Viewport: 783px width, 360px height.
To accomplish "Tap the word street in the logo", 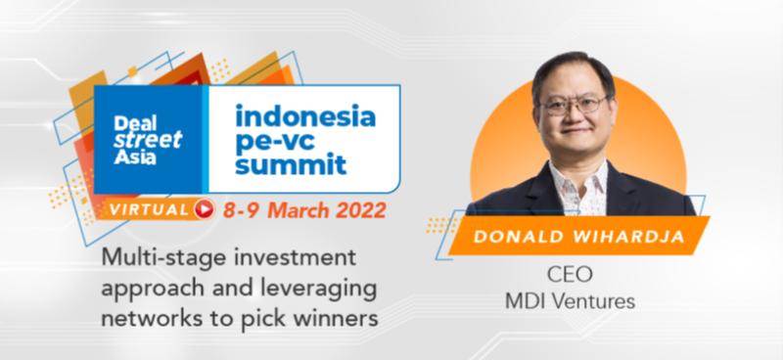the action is (148, 140).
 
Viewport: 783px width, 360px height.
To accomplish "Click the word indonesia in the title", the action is (305, 116).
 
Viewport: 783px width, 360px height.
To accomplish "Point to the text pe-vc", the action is (275, 141).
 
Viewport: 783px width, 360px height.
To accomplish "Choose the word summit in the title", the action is (291, 164).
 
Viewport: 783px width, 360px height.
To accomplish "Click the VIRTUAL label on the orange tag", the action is (149, 209).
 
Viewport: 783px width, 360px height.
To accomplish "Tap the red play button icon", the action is (204, 209).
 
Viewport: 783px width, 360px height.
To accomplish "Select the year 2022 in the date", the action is (360, 210).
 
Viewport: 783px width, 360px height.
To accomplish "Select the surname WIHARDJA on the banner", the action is (627, 236).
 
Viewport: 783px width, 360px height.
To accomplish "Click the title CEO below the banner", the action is (571, 275).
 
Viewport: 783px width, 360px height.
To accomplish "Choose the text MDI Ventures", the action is (571, 301).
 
